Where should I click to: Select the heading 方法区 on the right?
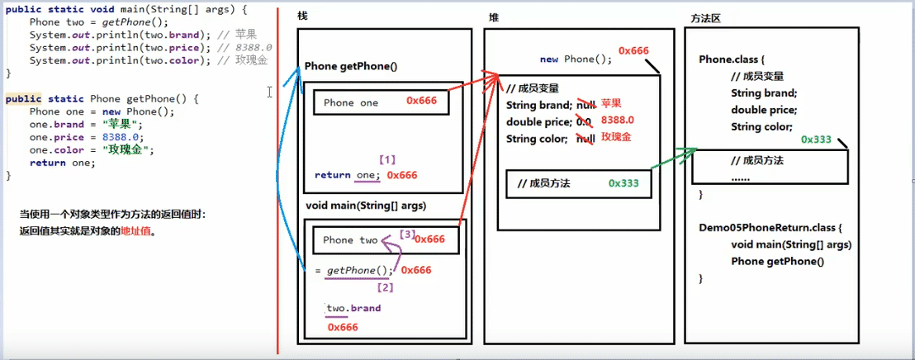704,17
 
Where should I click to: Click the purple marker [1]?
387,159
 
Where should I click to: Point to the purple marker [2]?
385,288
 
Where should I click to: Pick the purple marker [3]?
407,234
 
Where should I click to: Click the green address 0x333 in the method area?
816,140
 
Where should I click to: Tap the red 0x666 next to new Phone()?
633,51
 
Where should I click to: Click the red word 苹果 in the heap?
611,103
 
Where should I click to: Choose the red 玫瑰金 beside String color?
616,137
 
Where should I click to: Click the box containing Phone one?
381,102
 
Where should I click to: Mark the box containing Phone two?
385,239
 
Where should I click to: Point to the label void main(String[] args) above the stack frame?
366,206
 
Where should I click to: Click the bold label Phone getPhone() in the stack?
351,66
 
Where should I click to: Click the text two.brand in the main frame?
353,309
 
